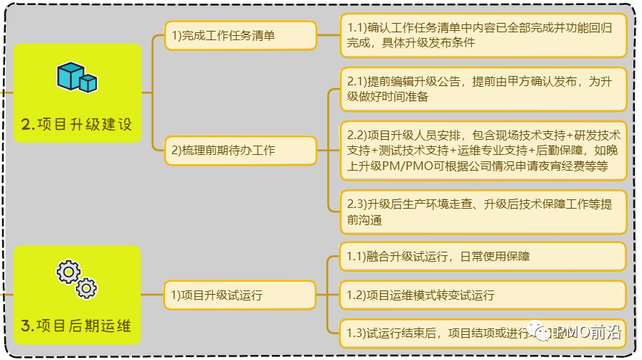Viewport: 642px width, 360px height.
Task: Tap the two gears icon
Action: (77, 280)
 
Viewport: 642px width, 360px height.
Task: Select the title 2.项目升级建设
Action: (77, 124)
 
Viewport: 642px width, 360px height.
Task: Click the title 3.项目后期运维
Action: (77, 326)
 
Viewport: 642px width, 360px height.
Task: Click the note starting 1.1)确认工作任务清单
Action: (483, 35)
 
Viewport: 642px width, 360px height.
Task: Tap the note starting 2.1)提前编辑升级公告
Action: (483, 89)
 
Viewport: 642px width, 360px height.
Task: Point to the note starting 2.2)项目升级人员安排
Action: (483, 151)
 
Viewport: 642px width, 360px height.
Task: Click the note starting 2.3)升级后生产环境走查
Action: (483, 212)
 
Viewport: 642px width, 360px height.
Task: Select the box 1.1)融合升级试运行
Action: (483, 256)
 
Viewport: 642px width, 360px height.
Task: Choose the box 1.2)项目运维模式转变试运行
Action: (483, 295)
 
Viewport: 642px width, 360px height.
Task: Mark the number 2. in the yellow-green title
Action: (28, 125)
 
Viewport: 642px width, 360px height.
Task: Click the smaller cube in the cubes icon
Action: (88, 83)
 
